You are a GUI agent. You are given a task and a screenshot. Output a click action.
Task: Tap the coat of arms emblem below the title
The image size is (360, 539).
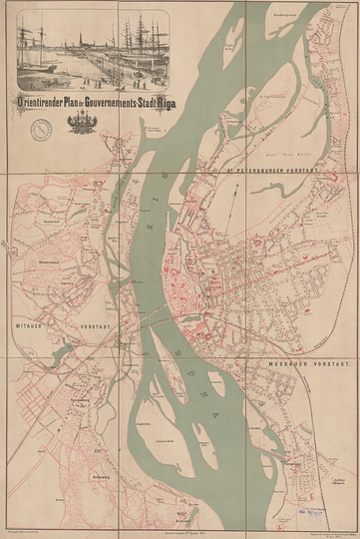point(80,124)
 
